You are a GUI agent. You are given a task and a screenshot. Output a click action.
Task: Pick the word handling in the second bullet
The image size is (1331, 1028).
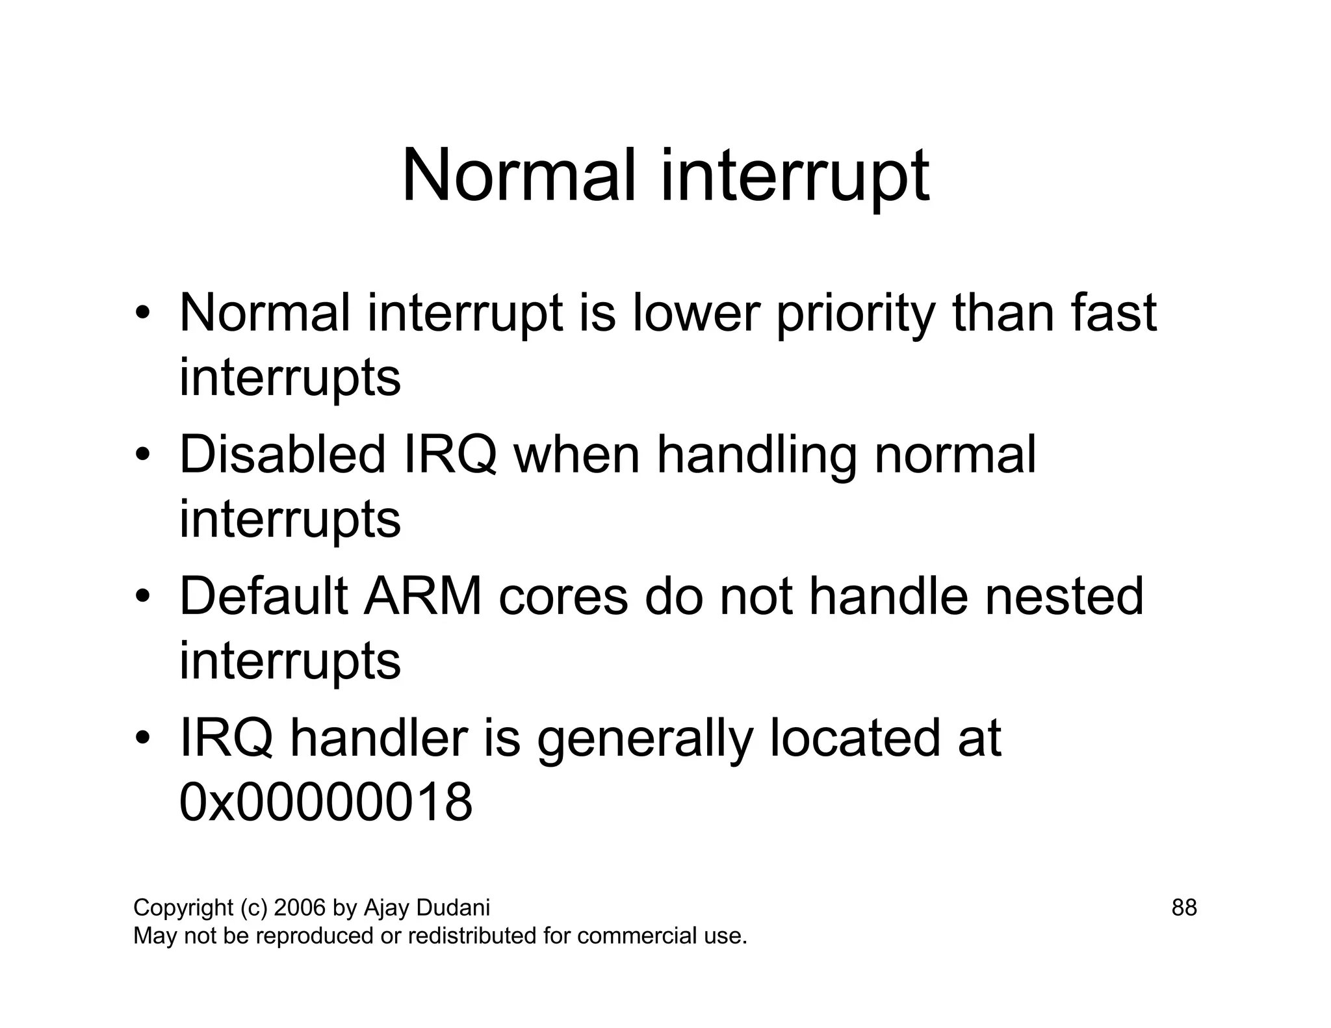tap(756, 456)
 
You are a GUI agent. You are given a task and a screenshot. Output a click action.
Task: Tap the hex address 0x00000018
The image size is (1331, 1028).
tap(326, 802)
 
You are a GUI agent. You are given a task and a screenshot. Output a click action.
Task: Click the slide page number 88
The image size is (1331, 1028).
tap(1183, 907)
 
